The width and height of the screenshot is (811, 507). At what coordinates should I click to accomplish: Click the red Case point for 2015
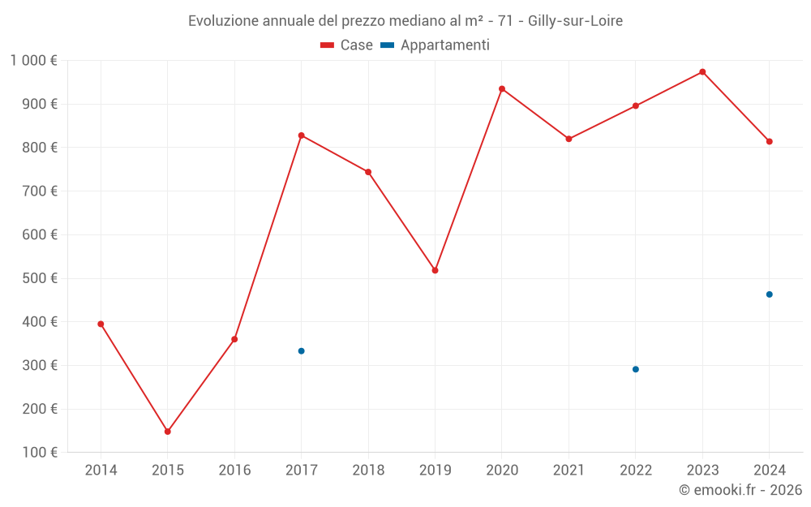coord(168,432)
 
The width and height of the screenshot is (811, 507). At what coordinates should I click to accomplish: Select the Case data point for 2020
coord(502,89)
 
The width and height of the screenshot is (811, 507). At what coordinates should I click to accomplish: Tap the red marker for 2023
coord(702,72)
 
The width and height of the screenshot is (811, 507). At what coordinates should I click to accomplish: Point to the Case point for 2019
coord(436,270)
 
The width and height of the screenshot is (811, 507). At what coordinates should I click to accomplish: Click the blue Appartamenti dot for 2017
coord(302,351)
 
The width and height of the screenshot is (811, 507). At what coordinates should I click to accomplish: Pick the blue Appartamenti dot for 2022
coord(636,369)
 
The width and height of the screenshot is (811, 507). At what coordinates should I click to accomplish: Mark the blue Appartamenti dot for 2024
coord(770,294)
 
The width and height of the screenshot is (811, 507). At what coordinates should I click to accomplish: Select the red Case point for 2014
coord(101,324)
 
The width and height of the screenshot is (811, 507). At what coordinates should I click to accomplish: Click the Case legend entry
coord(347,45)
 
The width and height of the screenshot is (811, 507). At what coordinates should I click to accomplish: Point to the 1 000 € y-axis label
coord(33,61)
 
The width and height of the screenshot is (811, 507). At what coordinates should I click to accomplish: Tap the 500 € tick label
coord(41,278)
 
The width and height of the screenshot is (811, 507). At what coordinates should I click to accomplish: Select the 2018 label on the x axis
coord(368,470)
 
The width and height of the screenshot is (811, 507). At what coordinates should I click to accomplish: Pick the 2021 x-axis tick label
coord(569,470)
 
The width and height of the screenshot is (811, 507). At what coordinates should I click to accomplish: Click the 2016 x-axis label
coord(234,470)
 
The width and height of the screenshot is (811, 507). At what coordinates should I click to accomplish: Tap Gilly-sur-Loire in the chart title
coord(575,21)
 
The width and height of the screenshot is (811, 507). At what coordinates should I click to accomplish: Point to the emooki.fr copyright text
coord(740,490)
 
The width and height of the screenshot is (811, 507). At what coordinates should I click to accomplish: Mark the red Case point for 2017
coord(302,135)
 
